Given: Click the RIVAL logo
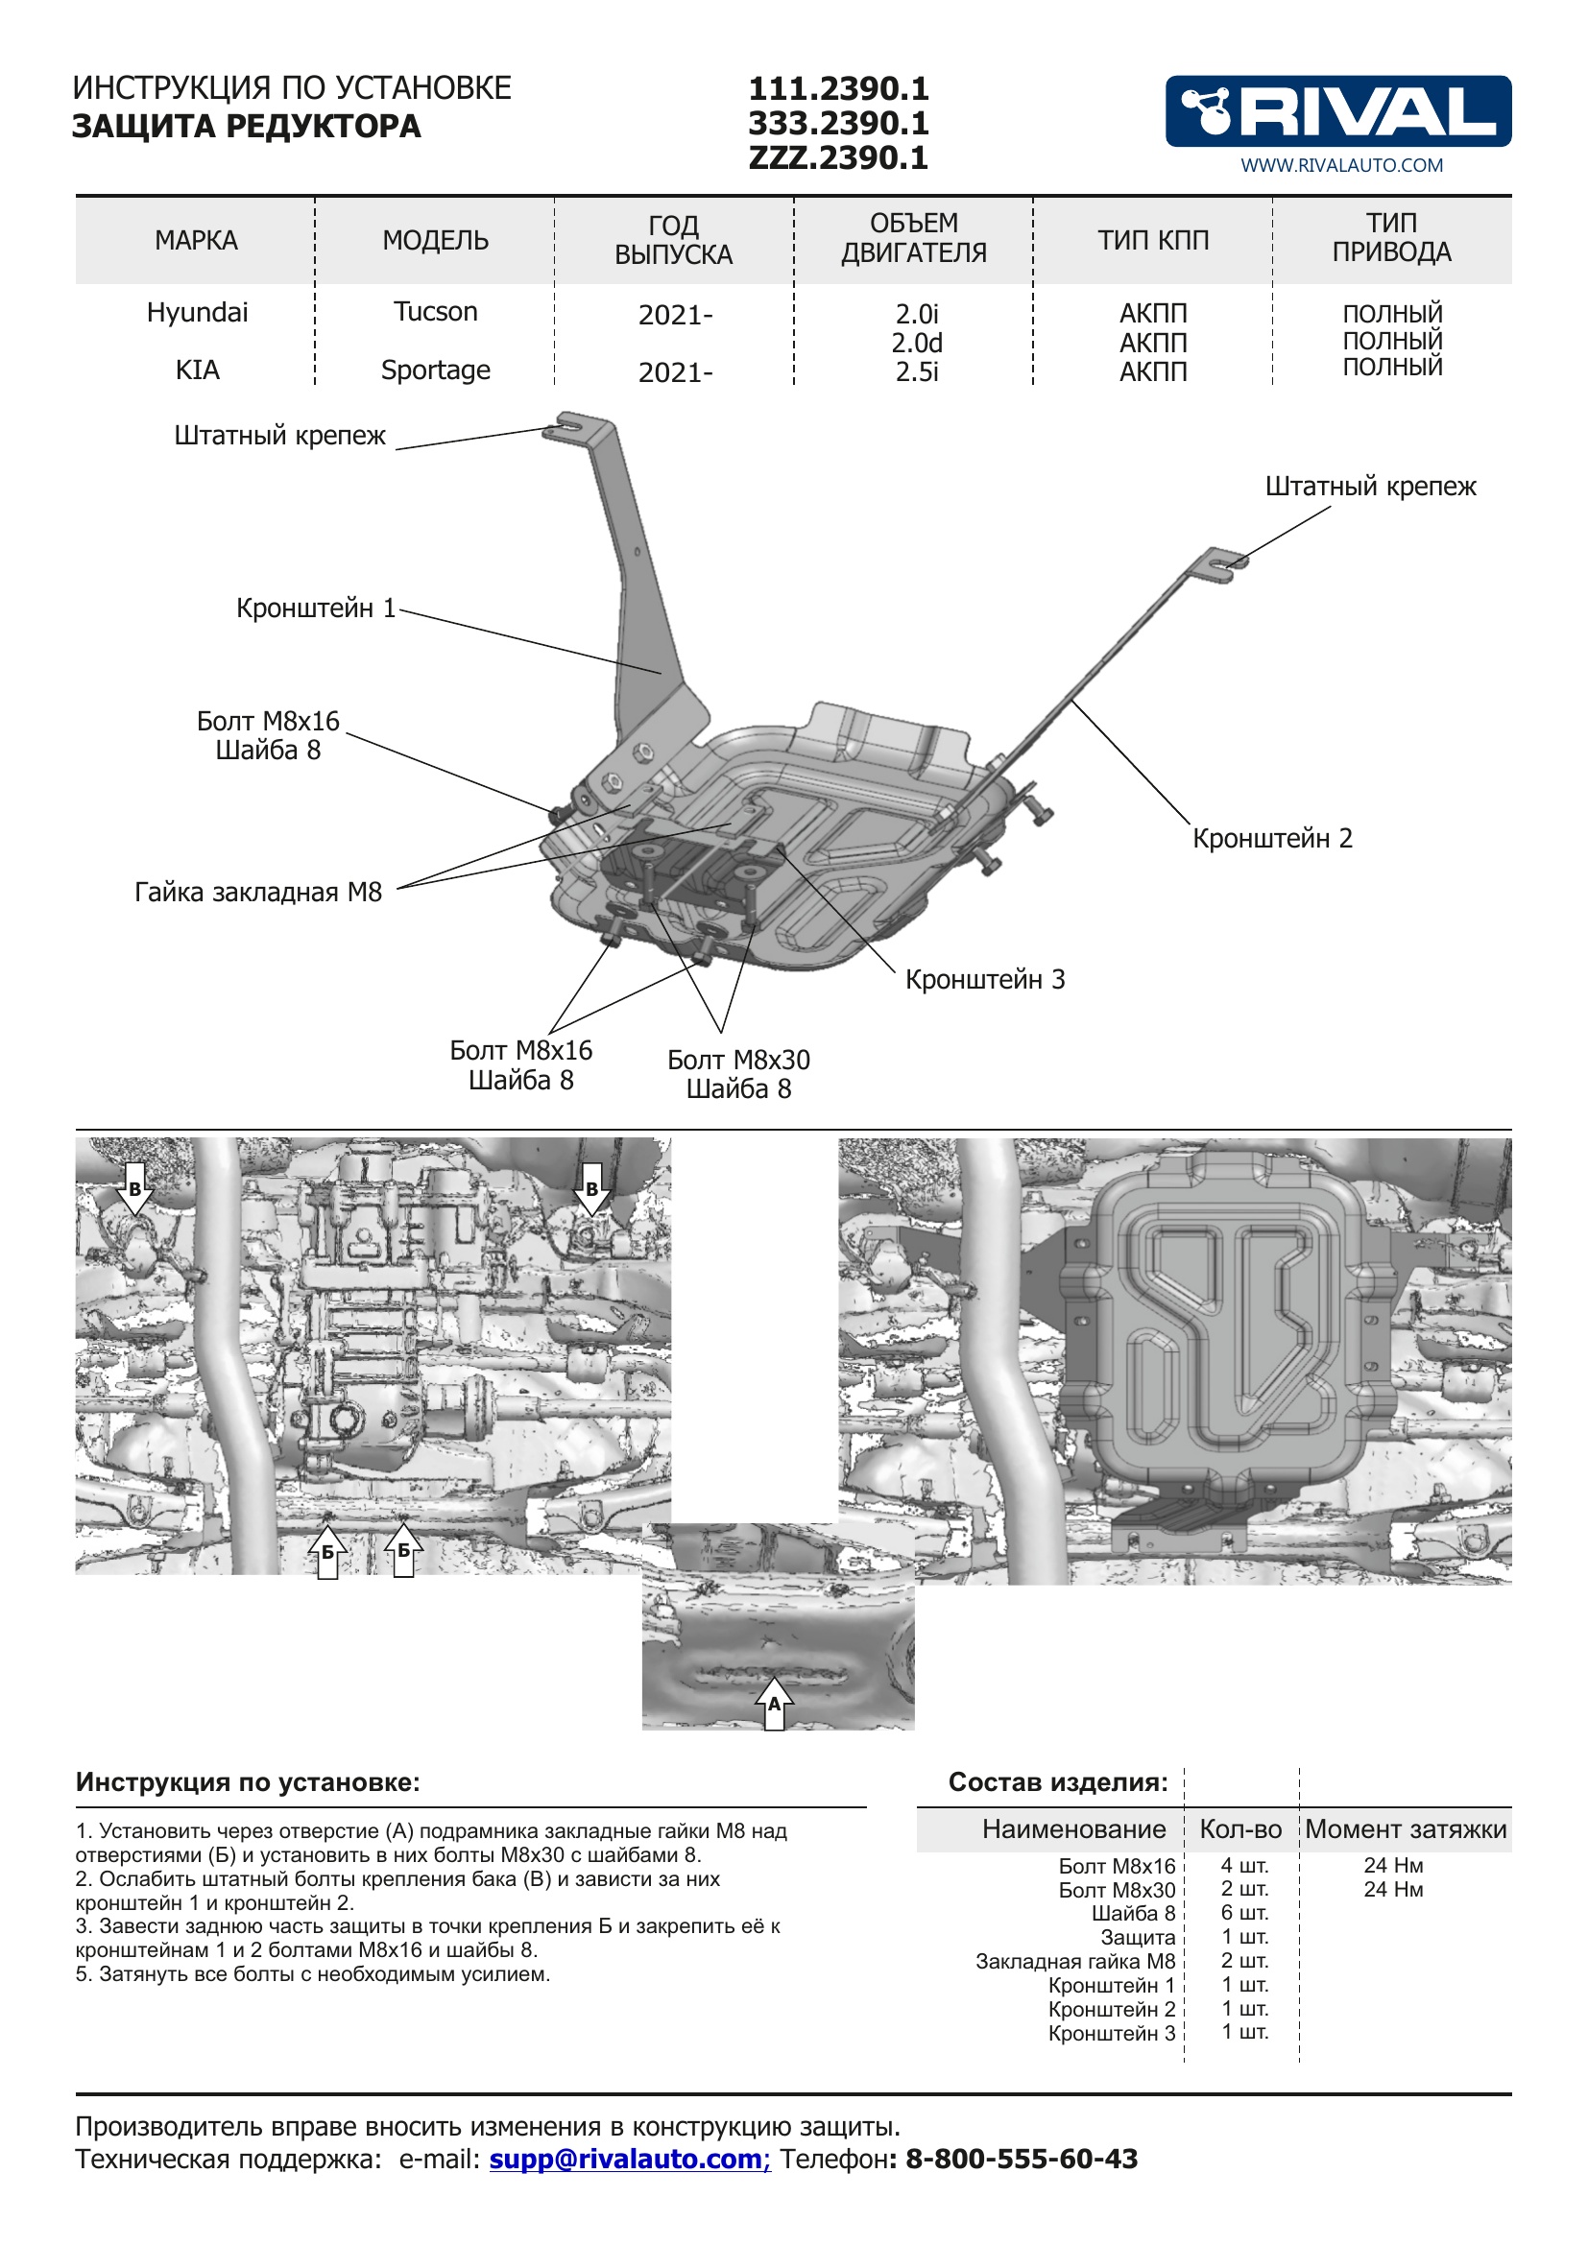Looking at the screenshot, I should pyautogui.click(x=1337, y=111).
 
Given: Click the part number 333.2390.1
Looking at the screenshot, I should pyautogui.click(x=838, y=123).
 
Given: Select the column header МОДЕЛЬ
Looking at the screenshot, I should pyautogui.click(x=435, y=241).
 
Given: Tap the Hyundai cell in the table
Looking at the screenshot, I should pyautogui.click(x=197, y=313).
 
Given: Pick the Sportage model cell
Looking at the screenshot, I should pyautogui.click(x=435, y=370).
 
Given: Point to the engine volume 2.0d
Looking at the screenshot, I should pyautogui.click(x=916, y=344).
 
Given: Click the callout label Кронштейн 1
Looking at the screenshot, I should pyautogui.click(x=315, y=609).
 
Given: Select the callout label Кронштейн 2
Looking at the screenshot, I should pyautogui.click(x=1272, y=838).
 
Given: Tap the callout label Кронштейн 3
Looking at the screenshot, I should pyautogui.click(x=985, y=979).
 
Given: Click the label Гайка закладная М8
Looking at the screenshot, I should pyautogui.click(x=258, y=892).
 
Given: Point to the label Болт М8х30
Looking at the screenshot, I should pyautogui.click(x=738, y=1060).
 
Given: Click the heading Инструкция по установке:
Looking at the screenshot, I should pyautogui.click(x=248, y=1781).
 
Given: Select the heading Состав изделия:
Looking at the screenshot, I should pyautogui.click(x=1058, y=1781).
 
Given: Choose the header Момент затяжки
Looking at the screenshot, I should pyautogui.click(x=1406, y=1828).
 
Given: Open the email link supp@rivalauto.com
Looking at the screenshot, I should pyautogui.click(x=629, y=2158).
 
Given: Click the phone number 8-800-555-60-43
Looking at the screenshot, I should pyautogui.click(x=1021, y=2158).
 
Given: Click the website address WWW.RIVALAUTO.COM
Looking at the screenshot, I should pyautogui.click(x=1341, y=165).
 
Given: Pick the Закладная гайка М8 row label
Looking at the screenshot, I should pyautogui.click(x=1074, y=1961).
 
